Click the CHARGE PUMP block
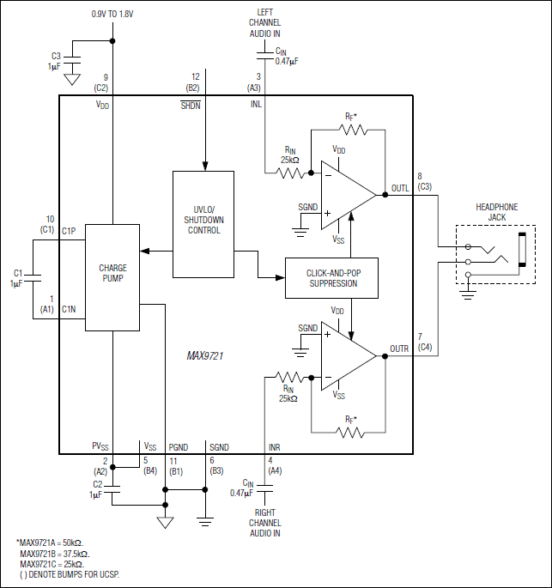click(112, 276)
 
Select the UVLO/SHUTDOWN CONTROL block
click(203, 219)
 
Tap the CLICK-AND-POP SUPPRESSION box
click(331, 277)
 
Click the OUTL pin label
click(400, 187)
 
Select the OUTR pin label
click(399, 349)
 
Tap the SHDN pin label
click(191, 105)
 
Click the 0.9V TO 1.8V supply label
click(112, 14)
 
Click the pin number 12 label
click(196, 76)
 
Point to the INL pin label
click(257, 105)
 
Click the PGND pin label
click(178, 447)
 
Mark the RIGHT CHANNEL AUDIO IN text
click(265, 522)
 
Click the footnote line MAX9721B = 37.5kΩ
click(54, 554)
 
